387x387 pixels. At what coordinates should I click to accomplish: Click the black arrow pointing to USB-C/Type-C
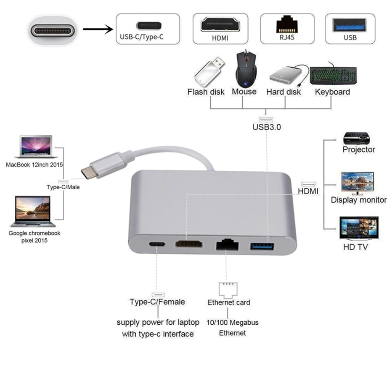(98, 29)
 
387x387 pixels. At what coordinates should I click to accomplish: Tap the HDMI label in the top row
(220, 37)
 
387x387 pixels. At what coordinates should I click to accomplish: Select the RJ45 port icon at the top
(287, 24)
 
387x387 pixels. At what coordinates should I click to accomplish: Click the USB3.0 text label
(267, 127)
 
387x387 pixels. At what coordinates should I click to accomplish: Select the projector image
(357, 138)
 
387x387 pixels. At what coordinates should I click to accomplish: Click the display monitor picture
(358, 183)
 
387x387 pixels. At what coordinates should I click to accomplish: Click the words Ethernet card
(228, 302)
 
